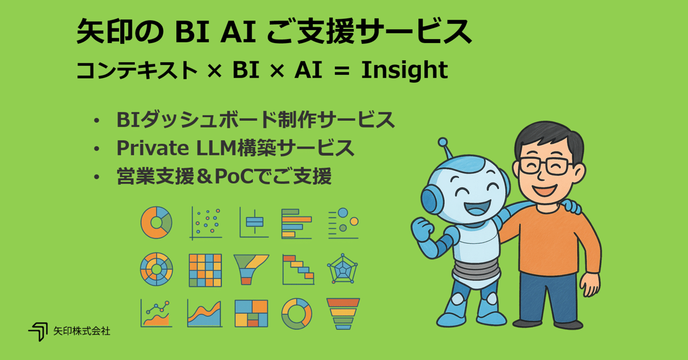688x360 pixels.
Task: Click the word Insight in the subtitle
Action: [404, 70]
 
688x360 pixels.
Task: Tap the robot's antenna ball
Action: [443, 143]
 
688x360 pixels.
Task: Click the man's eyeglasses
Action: [546, 166]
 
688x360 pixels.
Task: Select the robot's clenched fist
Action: [422, 229]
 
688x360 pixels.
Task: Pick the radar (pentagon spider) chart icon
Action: [342, 269]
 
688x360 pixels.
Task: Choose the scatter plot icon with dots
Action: [205, 222]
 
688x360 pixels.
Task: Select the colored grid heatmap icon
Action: [205, 269]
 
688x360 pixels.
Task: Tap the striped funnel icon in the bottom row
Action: [343, 314]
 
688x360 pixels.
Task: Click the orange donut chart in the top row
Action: [156, 222]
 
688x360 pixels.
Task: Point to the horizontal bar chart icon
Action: [296, 222]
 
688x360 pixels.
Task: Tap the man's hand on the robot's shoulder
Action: [571, 206]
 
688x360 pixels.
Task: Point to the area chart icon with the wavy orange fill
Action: [204, 314]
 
